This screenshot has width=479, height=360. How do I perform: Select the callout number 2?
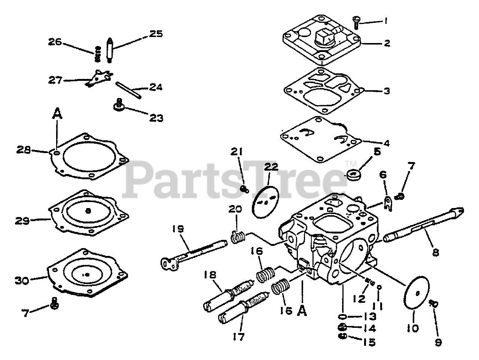tap(387, 43)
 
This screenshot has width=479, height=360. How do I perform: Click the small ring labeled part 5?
tap(353, 174)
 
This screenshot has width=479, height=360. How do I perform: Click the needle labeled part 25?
tap(110, 49)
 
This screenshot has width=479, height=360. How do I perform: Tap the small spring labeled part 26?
tap(98, 54)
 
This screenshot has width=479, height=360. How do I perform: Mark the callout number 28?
tap(24, 150)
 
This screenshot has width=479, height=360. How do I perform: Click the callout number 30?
tap(22, 280)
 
